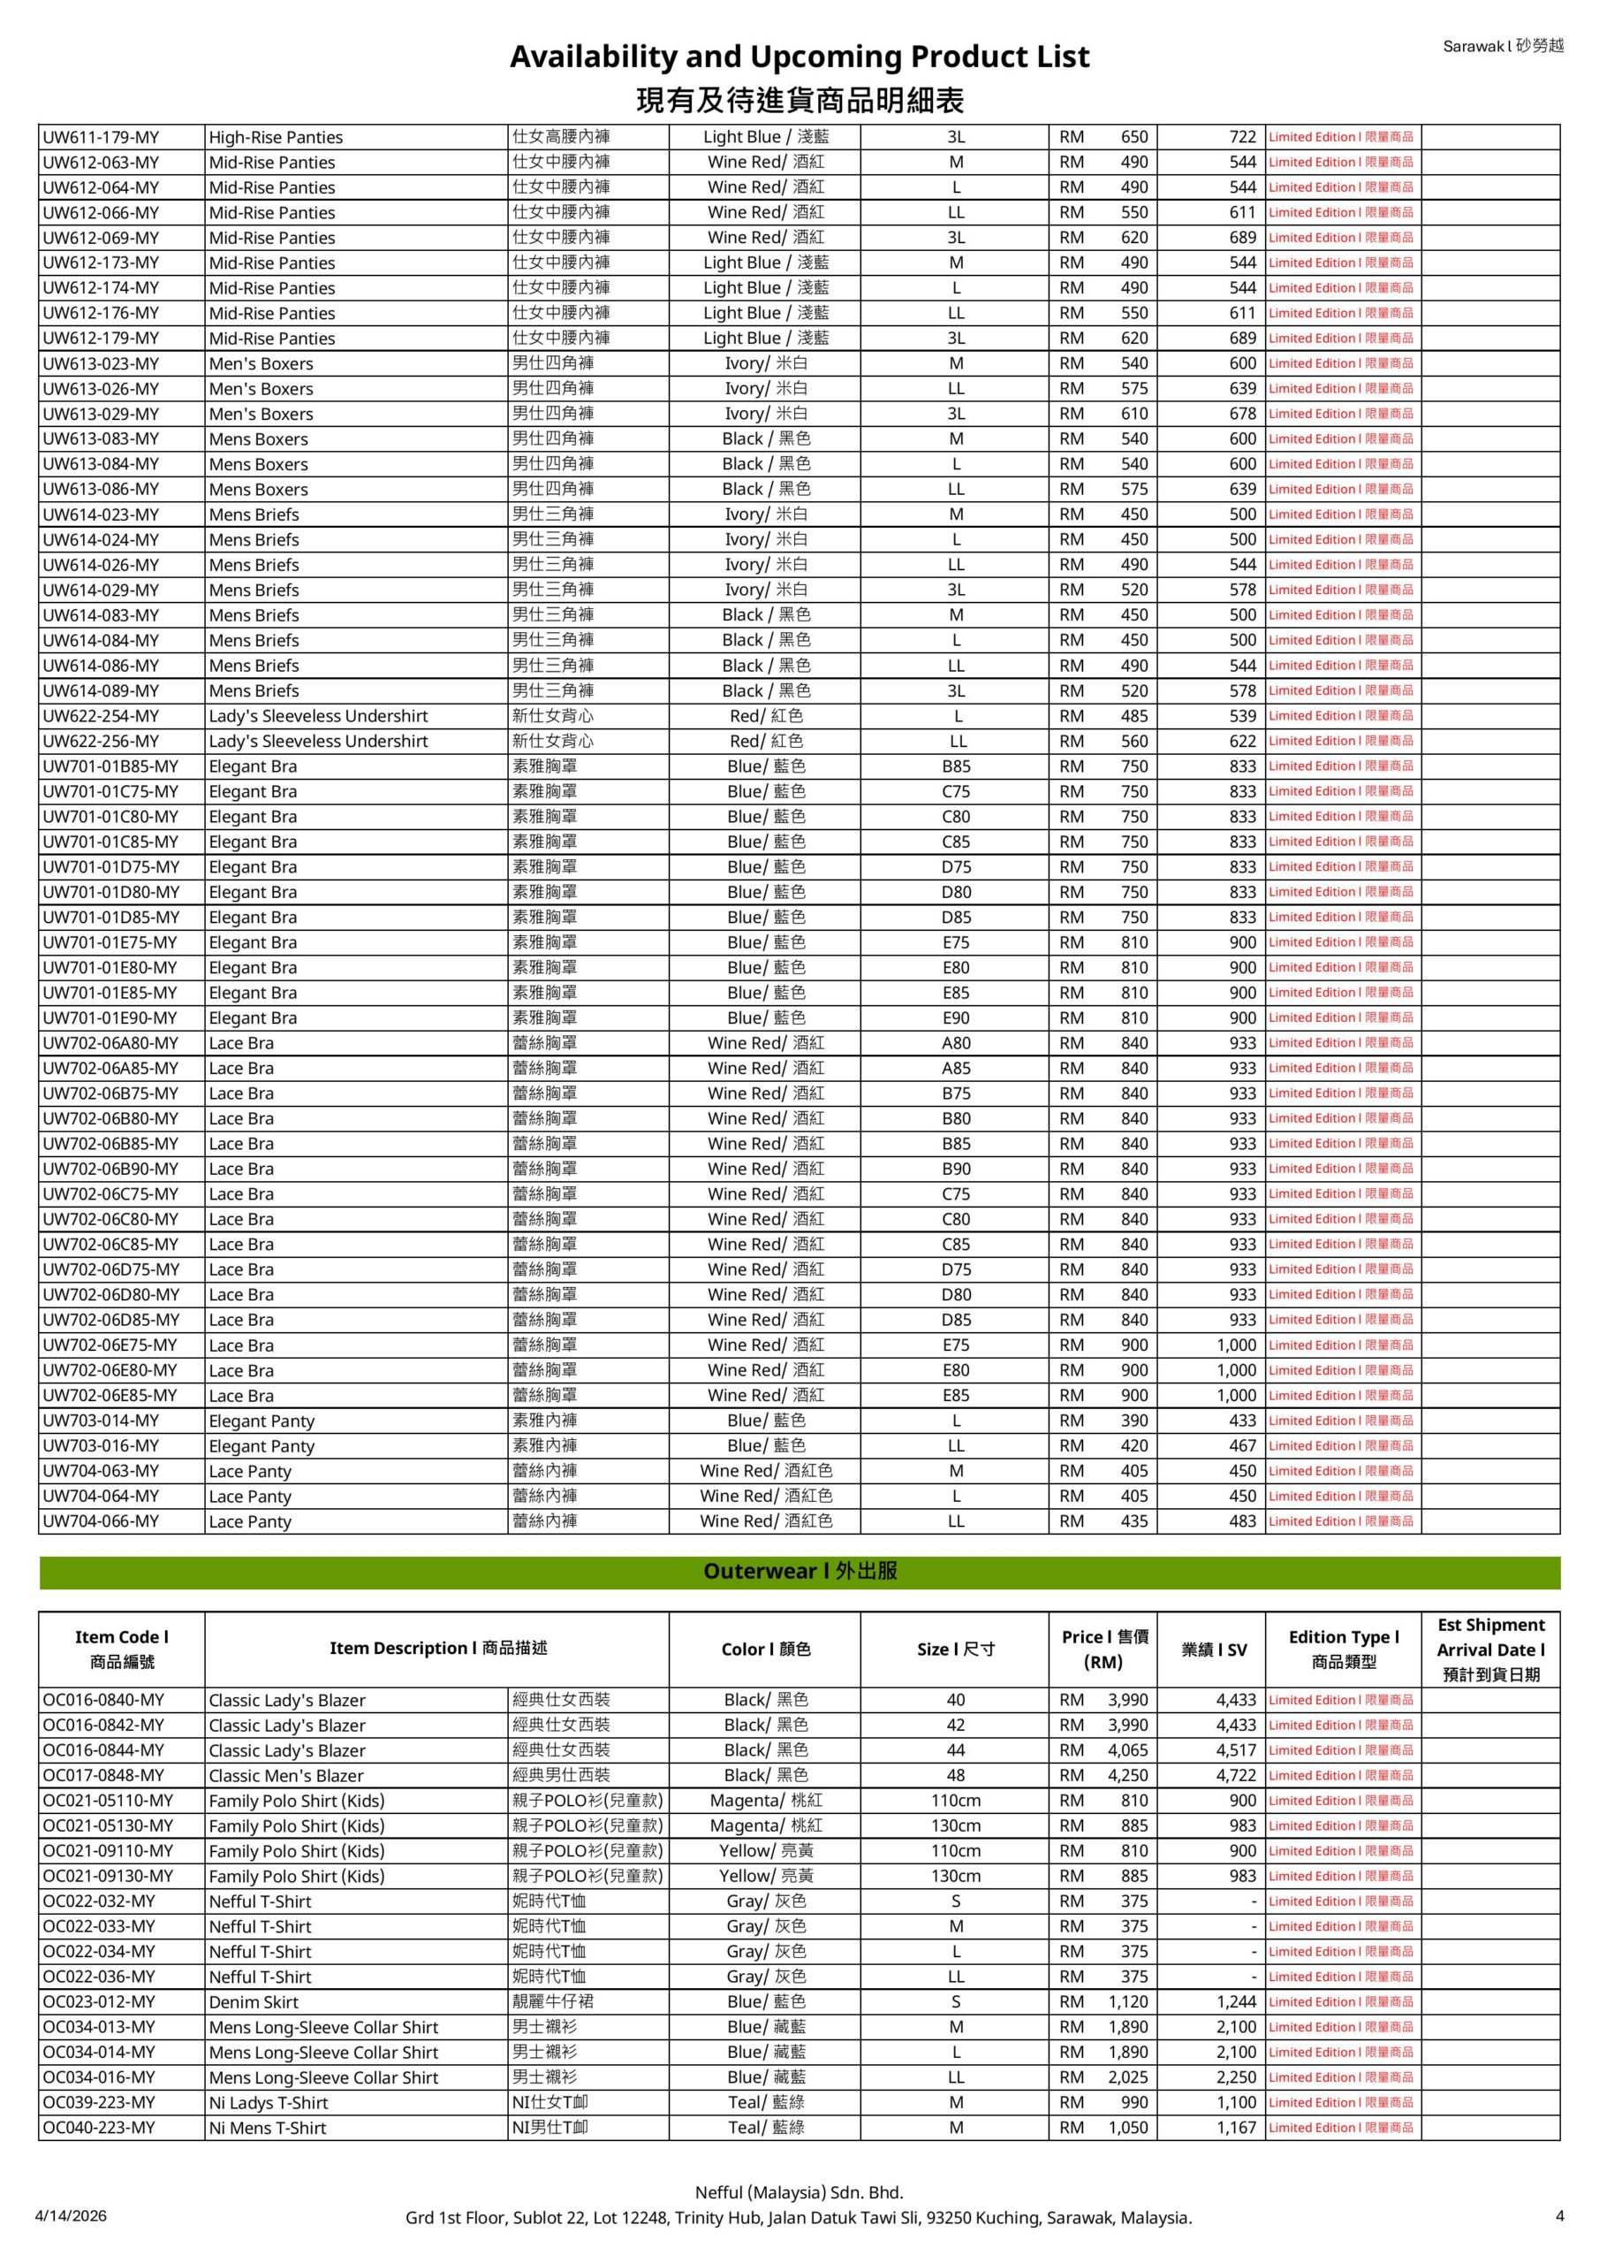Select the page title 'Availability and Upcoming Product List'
[799, 57]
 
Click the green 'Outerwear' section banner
[799, 1571]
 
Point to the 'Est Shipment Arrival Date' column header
[1489, 1649]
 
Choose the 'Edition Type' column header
[1343, 1649]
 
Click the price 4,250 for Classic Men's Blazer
[1127, 1775]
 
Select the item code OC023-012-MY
[99, 2002]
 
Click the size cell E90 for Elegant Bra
[956, 1018]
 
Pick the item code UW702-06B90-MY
[110, 1169]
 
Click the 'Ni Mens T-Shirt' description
[267, 2128]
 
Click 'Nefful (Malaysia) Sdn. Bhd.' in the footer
[799, 2192]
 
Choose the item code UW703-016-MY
[101, 1446]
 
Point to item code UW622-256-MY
[101, 741]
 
